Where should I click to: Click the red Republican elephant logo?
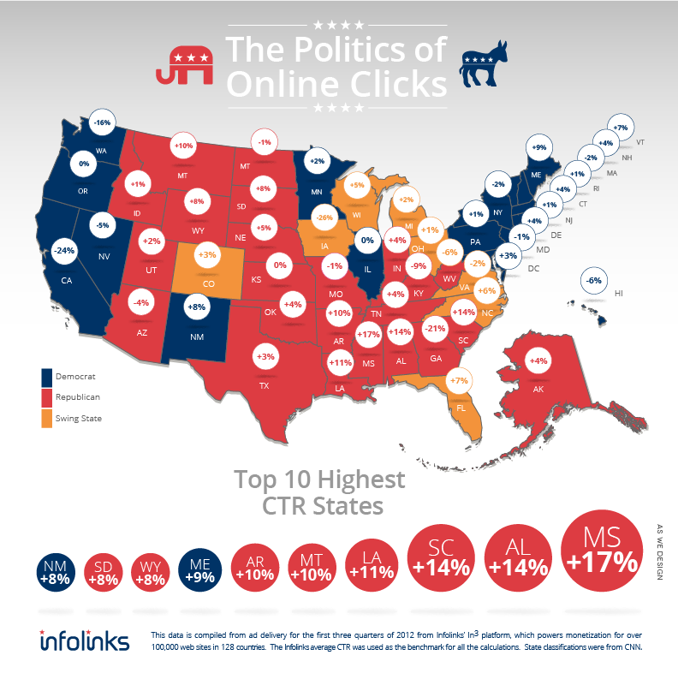pyautogui.click(x=184, y=63)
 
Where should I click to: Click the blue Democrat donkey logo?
pyautogui.click(x=489, y=65)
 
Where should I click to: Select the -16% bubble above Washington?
pyautogui.click(x=103, y=123)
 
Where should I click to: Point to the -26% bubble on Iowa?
pyautogui.click(x=324, y=217)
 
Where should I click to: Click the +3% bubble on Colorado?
pyautogui.click(x=207, y=255)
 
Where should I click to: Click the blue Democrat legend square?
pyautogui.click(x=48, y=376)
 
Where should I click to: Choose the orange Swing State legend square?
pyautogui.click(x=48, y=419)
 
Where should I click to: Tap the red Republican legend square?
pyautogui.click(x=48, y=397)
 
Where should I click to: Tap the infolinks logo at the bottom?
pyautogui.click(x=85, y=640)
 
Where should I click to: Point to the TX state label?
pyautogui.click(x=263, y=384)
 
